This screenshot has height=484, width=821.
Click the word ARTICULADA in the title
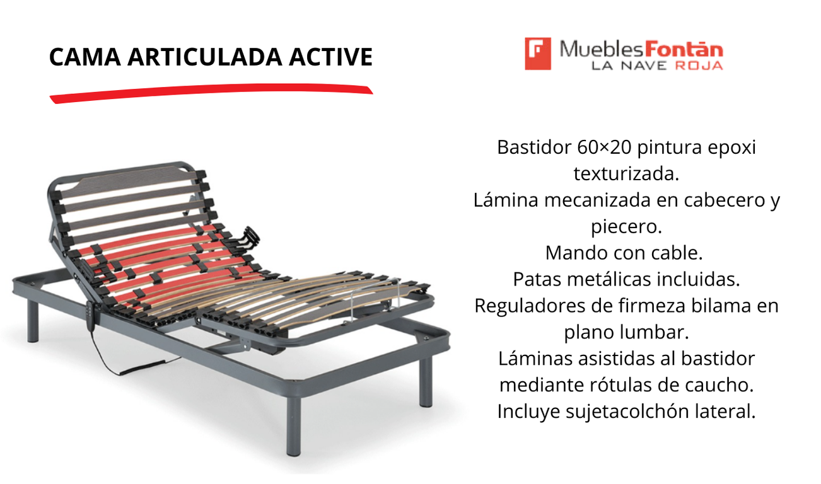point(205,57)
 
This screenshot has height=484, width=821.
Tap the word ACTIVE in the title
point(330,57)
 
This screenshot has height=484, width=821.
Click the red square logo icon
point(538,54)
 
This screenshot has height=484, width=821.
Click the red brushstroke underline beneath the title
point(211,94)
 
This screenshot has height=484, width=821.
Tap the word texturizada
point(626,174)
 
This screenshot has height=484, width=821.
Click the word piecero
point(626,227)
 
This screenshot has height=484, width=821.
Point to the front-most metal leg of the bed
point(293,426)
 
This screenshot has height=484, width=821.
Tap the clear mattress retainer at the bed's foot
point(375,297)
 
